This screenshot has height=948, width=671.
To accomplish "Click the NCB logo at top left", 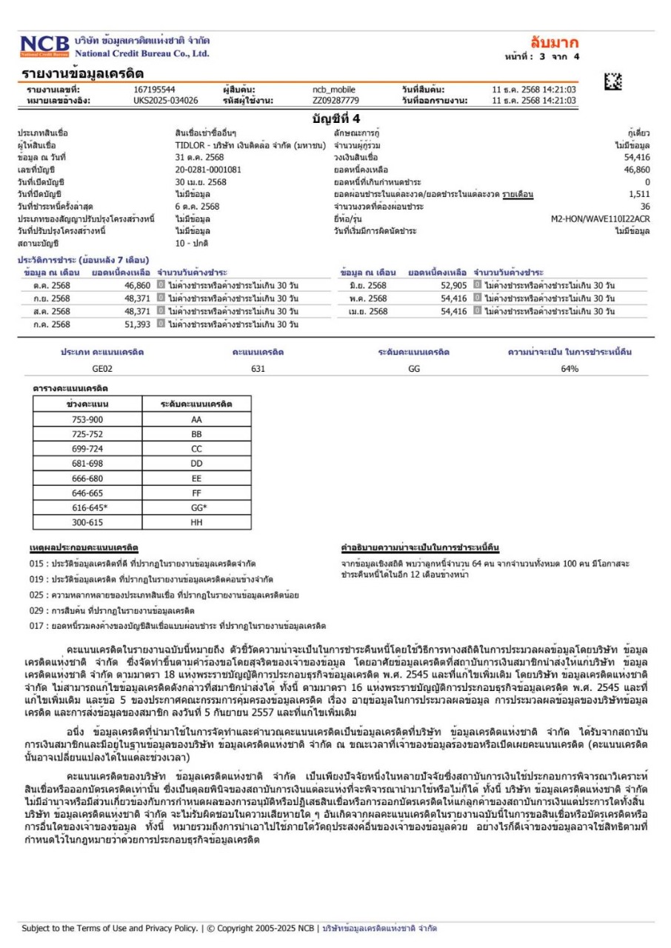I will click(x=45, y=47).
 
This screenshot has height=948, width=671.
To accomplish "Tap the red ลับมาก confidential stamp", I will click(x=554, y=43).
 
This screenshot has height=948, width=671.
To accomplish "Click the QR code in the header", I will click(x=612, y=84).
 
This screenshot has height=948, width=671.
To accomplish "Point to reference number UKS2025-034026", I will click(x=166, y=100).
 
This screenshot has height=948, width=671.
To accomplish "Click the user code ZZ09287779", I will click(x=335, y=100).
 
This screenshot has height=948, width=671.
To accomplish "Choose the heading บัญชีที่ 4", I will click(x=335, y=118).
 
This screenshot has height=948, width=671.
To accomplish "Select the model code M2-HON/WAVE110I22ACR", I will click(x=600, y=218).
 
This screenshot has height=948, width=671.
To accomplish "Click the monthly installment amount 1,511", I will click(x=640, y=194).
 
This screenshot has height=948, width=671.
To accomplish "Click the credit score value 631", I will click(x=258, y=368).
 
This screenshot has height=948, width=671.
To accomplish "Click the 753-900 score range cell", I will click(x=87, y=419).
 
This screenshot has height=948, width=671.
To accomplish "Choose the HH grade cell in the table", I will click(x=196, y=522).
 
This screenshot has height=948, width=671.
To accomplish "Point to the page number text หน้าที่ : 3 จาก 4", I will click(x=541, y=56).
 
